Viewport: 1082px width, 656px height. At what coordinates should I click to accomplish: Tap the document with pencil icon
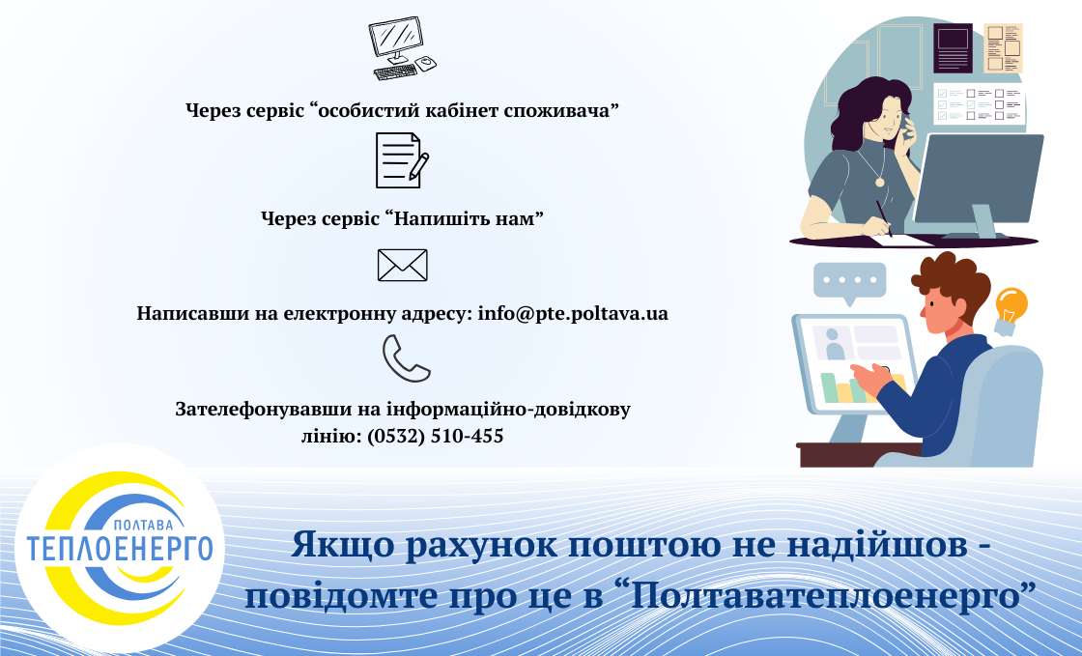pos(401,160)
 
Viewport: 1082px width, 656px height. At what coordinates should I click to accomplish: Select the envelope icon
pos(402,265)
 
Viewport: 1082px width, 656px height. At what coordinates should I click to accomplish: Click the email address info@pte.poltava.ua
pos(573,314)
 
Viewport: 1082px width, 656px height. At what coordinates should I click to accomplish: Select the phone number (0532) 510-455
pos(435,436)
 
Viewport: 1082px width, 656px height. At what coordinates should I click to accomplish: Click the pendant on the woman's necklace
pos(879,181)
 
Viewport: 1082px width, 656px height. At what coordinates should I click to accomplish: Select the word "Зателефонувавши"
pos(257,409)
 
